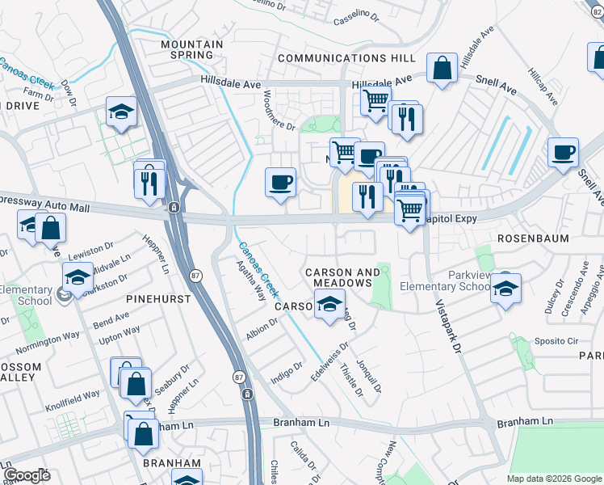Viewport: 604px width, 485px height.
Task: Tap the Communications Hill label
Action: (346, 58)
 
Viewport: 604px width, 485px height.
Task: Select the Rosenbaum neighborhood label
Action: (533, 238)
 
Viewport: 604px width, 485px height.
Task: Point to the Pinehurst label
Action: (158, 298)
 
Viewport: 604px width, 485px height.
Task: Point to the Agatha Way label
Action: (250, 280)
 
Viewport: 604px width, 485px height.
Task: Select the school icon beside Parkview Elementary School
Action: (505, 289)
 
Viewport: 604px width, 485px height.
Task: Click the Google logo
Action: (27, 475)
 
